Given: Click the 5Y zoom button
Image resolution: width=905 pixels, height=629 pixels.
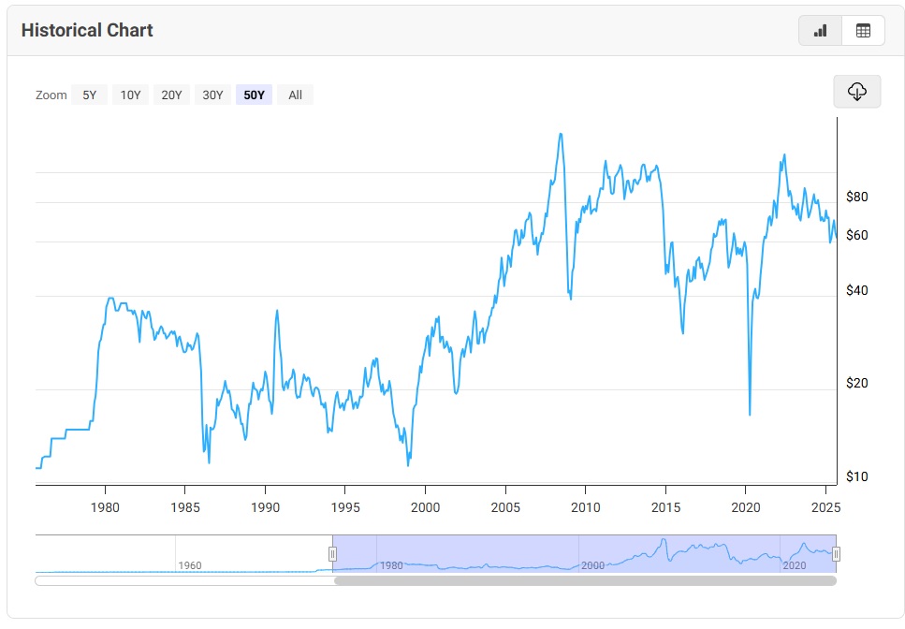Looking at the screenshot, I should (x=89, y=95).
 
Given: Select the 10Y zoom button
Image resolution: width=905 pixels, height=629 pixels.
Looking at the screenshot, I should (x=130, y=95).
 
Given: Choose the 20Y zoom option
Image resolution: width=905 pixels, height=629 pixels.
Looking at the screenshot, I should (x=171, y=95).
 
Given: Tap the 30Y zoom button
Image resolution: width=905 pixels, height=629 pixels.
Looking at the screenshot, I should (x=212, y=95).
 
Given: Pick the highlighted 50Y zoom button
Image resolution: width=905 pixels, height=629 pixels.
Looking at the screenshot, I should (x=254, y=95).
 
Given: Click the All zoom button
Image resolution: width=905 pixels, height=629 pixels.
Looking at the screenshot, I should (x=295, y=95).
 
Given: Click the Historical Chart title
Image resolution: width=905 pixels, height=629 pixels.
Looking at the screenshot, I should (x=87, y=30).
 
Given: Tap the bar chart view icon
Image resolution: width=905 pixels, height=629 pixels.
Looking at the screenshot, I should (x=820, y=31).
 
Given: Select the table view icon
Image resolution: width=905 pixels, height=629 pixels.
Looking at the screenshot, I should (x=863, y=31).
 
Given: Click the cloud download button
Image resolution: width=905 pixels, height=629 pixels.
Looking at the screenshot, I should (x=856, y=91).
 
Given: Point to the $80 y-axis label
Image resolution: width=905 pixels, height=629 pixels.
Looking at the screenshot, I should (x=856, y=197).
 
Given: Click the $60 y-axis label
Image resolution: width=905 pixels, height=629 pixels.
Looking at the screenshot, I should (x=856, y=235).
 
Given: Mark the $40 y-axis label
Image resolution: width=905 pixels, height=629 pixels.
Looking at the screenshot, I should (x=856, y=290).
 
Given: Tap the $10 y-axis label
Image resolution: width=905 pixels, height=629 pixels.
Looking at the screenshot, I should (x=856, y=476).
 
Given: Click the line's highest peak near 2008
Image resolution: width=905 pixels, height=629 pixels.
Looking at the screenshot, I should (x=560, y=134).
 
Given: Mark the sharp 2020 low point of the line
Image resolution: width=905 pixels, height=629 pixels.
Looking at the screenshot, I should (x=750, y=414).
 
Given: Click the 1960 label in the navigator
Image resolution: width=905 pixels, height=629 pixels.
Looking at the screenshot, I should (x=190, y=565).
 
